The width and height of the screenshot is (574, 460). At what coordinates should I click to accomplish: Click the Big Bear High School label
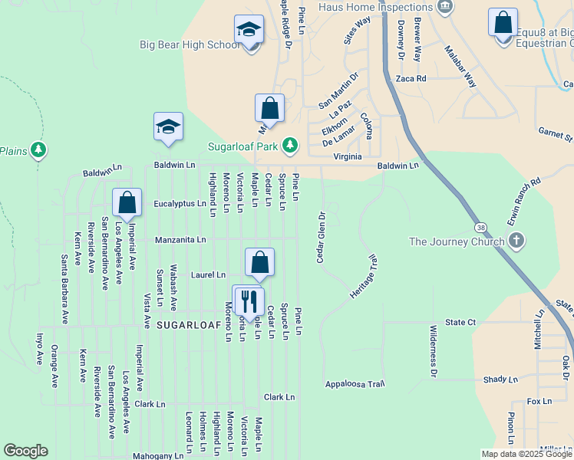click(190, 44)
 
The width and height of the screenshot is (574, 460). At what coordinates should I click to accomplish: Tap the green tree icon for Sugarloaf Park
click(289, 144)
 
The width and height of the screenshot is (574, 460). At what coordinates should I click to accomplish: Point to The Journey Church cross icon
click(516, 241)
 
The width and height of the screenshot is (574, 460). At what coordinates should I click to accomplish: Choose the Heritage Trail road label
click(363, 278)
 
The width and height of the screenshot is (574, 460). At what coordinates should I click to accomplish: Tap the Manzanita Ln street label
click(180, 240)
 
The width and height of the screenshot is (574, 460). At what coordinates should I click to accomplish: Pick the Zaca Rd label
click(411, 78)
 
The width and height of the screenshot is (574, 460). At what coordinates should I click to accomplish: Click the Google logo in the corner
click(25, 451)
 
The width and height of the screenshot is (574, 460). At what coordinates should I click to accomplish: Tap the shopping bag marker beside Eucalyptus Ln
click(127, 203)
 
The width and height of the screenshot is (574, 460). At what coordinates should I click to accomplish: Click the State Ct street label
click(461, 323)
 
